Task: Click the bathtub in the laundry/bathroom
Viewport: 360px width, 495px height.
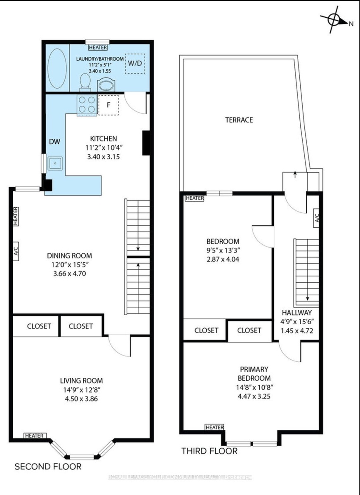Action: (x=57, y=69)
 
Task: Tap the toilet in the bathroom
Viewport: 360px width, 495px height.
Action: (x=85, y=82)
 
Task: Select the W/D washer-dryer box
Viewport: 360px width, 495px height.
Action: (x=135, y=64)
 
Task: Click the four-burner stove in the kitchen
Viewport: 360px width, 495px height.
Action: (x=87, y=105)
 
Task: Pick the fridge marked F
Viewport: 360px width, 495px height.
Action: (x=108, y=105)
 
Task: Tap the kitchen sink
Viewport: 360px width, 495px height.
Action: (x=55, y=163)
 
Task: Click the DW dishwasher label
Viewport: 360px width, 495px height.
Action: (x=54, y=141)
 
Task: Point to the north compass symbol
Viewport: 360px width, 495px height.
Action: (x=336, y=20)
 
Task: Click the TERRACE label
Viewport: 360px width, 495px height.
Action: (x=239, y=120)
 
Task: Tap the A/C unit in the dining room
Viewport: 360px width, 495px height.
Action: (x=16, y=251)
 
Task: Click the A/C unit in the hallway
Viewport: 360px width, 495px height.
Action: (x=316, y=218)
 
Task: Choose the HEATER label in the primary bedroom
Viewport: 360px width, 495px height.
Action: (x=214, y=427)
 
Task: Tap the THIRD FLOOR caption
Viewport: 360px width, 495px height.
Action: (x=209, y=451)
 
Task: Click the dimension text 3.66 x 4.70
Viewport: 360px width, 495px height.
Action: (x=70, y=274)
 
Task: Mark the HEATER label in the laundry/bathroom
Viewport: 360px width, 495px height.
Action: (x=98, y=47)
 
